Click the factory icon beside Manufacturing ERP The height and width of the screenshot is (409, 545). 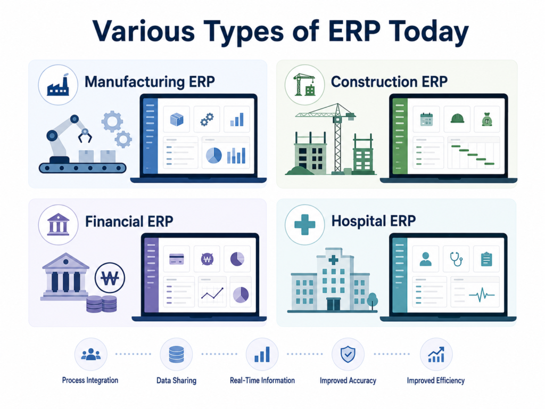(x=58, y=85)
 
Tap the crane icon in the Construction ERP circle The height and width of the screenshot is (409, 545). (x=304, y=85)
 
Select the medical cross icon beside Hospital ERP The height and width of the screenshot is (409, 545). (x=305, y=224)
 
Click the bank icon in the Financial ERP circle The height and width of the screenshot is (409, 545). (x=58, y=224)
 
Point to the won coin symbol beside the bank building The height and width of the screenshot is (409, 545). (x=110, y=277)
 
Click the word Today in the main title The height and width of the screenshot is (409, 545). (x=428, y=32)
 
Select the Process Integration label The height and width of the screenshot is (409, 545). (x=90, y=380)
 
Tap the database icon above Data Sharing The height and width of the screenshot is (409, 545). (x=176, y=354)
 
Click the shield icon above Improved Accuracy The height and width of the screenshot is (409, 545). (x=348, y=354)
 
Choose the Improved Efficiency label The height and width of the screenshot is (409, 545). (x=436, y=380)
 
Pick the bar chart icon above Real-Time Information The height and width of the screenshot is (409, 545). (x=262, y=354)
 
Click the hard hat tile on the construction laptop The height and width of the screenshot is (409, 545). (x=457, y=119)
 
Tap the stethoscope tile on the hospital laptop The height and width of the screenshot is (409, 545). (x=456, y=259)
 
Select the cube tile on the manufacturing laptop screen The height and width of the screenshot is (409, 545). (x=177, y=119)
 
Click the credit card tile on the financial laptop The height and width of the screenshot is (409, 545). (x=177, y=259)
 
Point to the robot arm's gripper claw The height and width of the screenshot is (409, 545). (x=85, y=136)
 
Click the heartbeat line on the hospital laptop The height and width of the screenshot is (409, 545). (x=481, y=295)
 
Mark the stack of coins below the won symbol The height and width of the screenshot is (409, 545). (x=102, y=304)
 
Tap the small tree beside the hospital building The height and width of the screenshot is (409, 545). (x=372, y=301)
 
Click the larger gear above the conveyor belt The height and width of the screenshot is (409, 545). (x=112, y=121)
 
